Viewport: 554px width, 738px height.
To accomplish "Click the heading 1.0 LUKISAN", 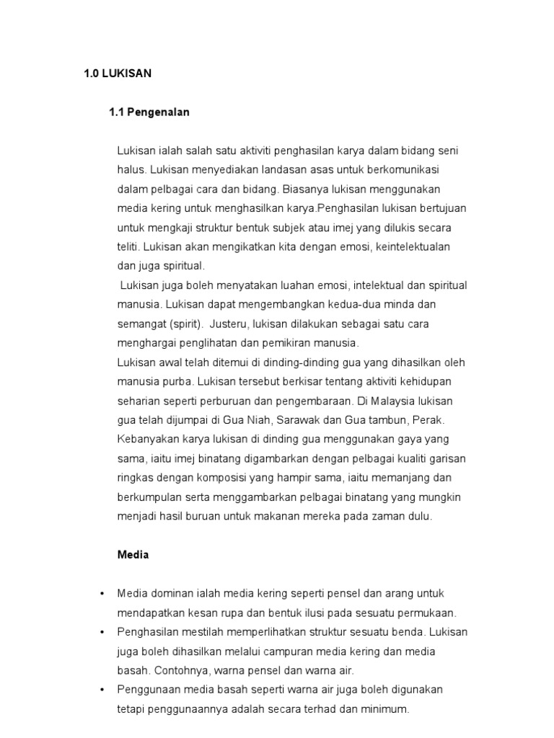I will pos(118,74).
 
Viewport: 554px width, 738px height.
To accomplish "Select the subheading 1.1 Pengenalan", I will pos(149,112).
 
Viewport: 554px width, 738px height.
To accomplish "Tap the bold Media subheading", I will pos(133,555).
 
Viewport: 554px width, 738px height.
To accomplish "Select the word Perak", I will pos(427,419).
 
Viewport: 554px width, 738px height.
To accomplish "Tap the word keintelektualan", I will pos(407,246).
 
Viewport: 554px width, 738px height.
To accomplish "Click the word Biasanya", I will pos(306,189).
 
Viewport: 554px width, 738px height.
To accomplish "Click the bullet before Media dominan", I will pos(102,594).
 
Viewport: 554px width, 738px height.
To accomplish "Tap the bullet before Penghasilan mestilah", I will pos(102,632).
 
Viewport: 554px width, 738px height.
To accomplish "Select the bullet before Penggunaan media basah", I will pos(102,690).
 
